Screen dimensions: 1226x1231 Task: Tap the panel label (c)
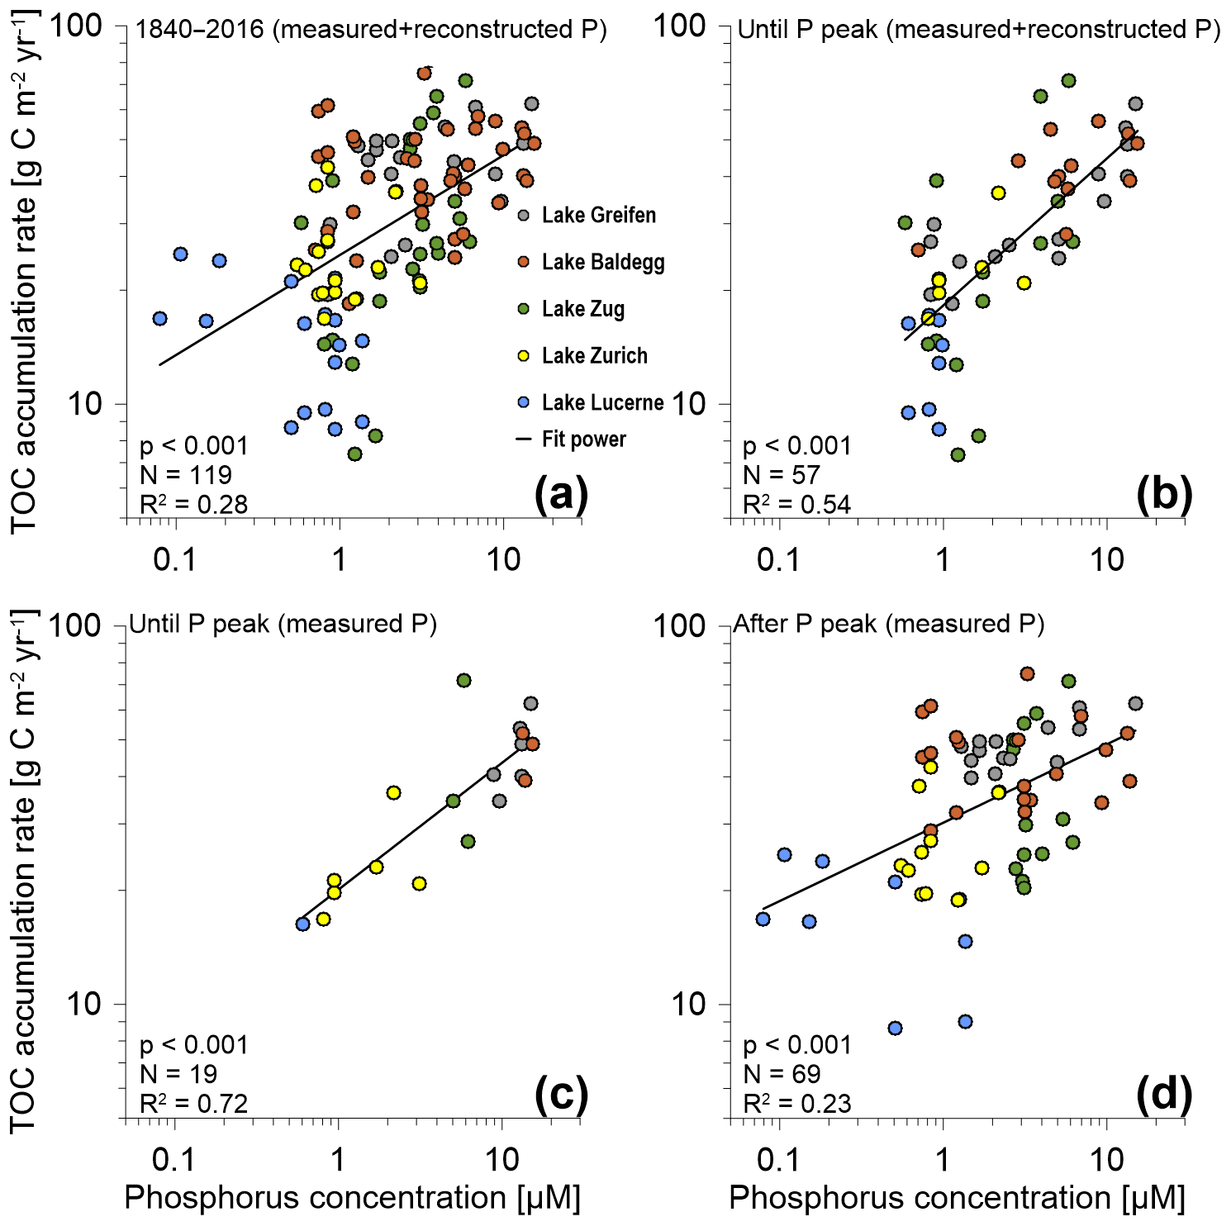click(561, 1095)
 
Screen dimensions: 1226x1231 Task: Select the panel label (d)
click(1164, 1095)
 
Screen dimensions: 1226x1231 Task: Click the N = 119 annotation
click(186, 475)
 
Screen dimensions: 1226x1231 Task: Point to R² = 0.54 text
click(796, 504)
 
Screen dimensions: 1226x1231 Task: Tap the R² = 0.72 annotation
click(193, 1103)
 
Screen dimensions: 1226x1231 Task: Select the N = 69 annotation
click(782, 1074)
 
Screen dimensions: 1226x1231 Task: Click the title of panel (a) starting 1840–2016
click(371, 30)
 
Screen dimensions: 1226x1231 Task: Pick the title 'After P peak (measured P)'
click(888, 624)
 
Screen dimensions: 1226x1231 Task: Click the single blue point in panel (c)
click(303, 924)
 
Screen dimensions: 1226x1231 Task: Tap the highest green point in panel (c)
click(463, 680)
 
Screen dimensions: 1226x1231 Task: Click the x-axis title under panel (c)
click(352, 1198)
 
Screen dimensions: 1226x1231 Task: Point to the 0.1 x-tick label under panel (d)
click(778, 1161)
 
